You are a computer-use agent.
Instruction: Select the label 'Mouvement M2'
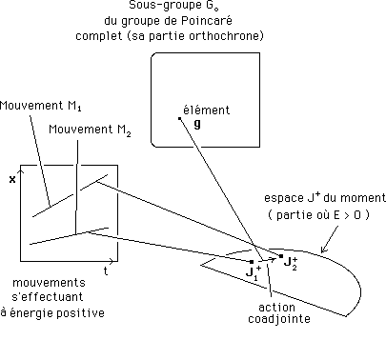[89, 129]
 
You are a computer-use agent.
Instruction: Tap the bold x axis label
[12, 179]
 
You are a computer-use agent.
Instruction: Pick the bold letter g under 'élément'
[196, 123]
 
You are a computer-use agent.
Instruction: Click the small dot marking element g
[179, 118]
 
